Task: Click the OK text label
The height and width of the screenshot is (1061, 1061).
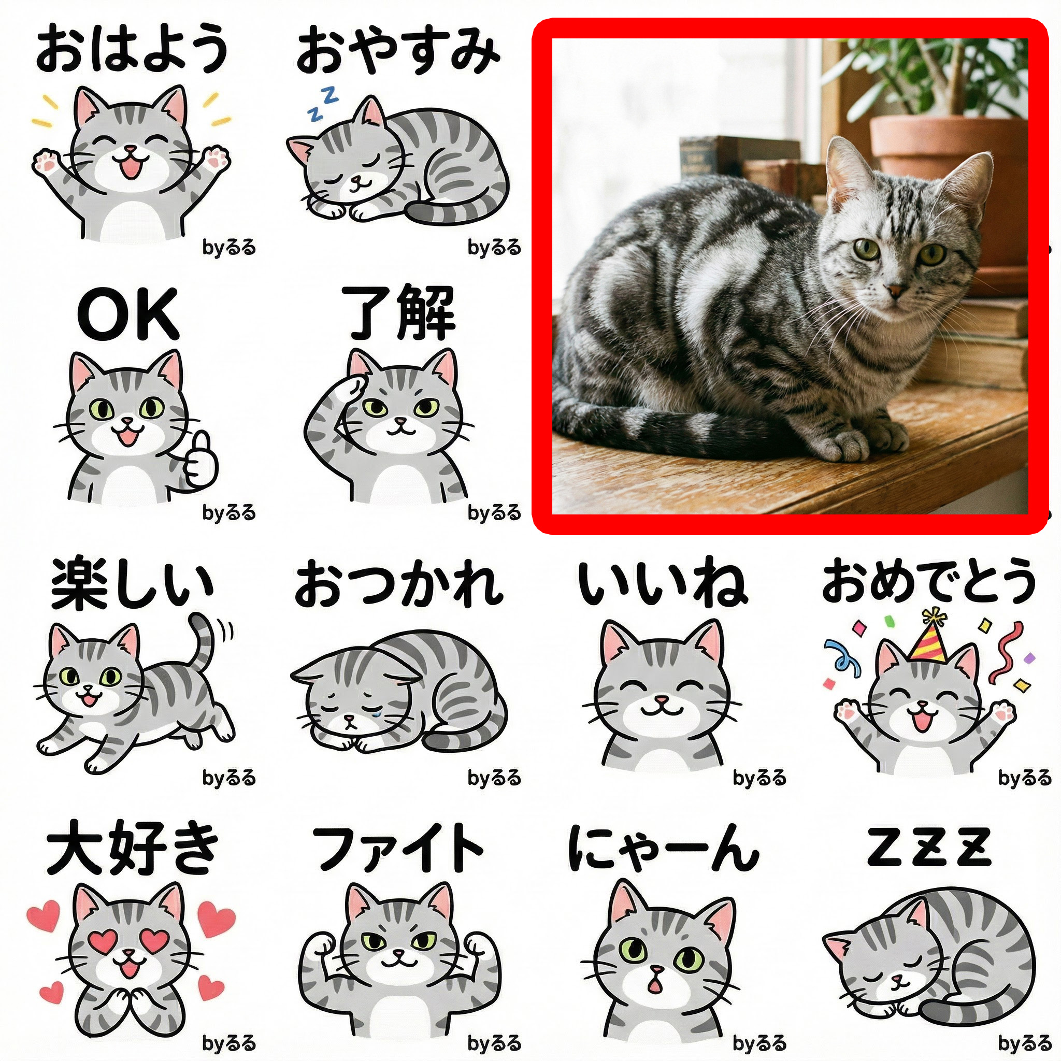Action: pyautogui.click(x=128, y=314)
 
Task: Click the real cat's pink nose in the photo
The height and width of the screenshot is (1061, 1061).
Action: pyautogui.click(x=896, y=290)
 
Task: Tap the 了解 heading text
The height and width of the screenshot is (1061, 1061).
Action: pyautogui.click(x=399, y=313)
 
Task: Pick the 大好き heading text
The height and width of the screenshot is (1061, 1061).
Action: pyautogui.click(x=132, y=849)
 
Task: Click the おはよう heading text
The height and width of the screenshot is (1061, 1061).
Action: pyautogui.click(x=132, y=49)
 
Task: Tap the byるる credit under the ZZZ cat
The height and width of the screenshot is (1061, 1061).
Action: pyautogui.click(x=1024, y=1043)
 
